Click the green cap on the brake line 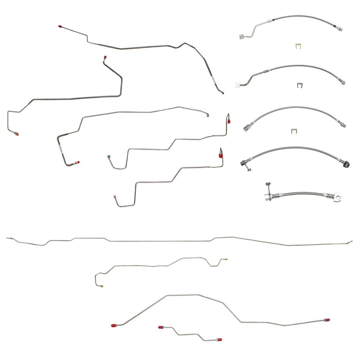pos(109,155)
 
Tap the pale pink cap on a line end pos(114,196)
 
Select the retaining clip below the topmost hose pos(299,47)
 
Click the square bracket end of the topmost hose pos(241,37)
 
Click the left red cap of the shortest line pos(161,327)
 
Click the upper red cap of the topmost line pos(60,27)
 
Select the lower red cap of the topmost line pos(222,92)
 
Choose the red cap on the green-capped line pos(229,121)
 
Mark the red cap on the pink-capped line pos(221,155)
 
